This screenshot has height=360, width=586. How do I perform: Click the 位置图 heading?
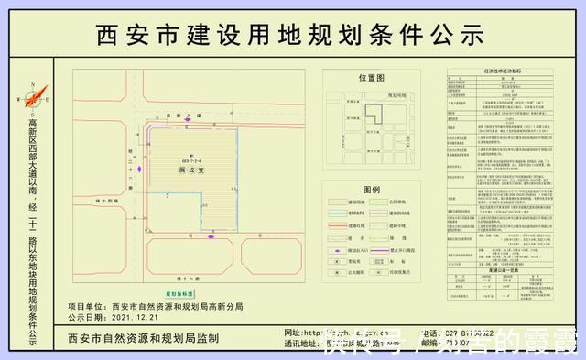(372, 79)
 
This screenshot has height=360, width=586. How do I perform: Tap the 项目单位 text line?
(156, 307)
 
